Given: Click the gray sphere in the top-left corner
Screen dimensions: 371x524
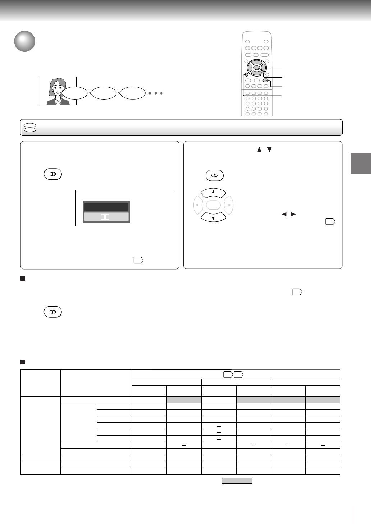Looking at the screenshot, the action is [24, 42].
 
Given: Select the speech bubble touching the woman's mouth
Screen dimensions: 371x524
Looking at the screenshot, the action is [75, 93].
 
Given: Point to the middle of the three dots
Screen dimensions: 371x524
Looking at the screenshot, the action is [156, 93].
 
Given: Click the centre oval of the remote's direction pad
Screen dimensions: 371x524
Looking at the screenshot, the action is [256, 67].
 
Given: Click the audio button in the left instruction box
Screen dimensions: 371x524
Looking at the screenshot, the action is [53, 174].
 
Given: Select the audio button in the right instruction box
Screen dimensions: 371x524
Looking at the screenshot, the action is [215, 175].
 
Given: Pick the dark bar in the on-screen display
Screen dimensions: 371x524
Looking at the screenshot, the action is [106, 207].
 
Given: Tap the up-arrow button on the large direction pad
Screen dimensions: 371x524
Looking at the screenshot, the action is [213, 193].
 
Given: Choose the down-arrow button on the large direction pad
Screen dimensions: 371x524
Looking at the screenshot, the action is [213, 217].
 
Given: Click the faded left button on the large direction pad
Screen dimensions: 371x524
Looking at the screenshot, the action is [198, 205].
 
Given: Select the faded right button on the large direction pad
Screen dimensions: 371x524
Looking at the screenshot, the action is [229, 205].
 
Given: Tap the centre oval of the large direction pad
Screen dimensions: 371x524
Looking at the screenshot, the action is [213, 205].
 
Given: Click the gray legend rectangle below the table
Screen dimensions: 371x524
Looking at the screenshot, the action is [237, 481].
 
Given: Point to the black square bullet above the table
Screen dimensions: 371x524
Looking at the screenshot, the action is [23, 361].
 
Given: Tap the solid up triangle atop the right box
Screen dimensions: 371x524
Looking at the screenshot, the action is [259, 150].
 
